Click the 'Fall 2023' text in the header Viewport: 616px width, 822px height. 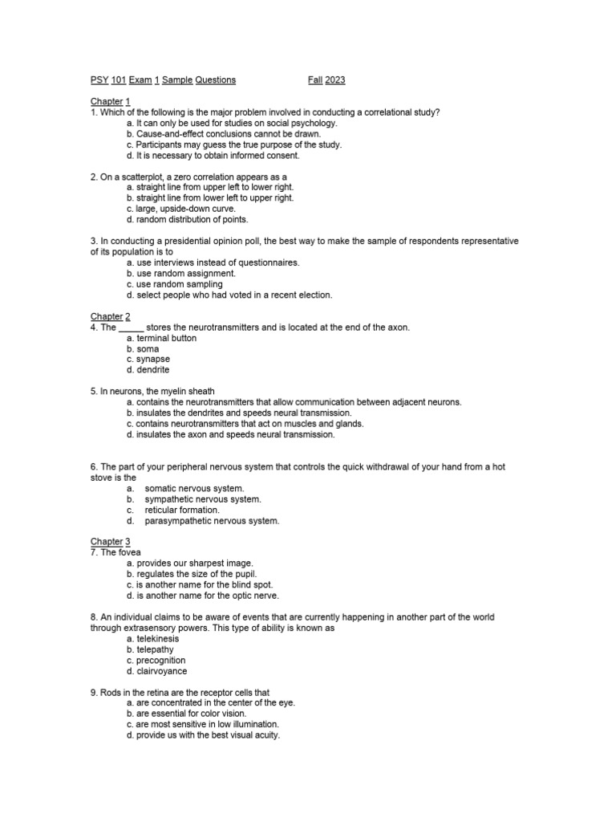(326, 80)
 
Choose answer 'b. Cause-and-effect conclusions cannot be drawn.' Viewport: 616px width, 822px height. (223, 134)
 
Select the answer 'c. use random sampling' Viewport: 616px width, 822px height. (174, 284)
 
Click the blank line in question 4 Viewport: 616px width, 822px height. (132, 328)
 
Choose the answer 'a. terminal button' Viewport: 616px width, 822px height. (161, 339)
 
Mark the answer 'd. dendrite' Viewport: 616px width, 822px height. (148, 371)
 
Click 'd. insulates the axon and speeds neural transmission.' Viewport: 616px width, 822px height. (230, 435)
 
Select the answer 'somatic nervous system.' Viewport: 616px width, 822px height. (194, 489)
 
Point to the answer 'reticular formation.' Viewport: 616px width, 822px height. (182, 510)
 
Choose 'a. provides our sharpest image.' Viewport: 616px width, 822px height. (189, 564)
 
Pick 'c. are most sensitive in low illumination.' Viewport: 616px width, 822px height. (207, 724)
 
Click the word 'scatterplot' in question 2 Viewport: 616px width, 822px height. (150, 177)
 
